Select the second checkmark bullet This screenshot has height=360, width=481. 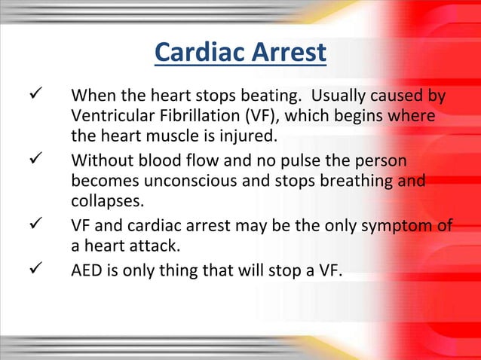[12, 161]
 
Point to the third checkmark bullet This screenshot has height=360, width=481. [12, 225]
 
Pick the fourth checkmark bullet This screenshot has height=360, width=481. [12, 269]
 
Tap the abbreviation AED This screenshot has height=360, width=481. [86, 269]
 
